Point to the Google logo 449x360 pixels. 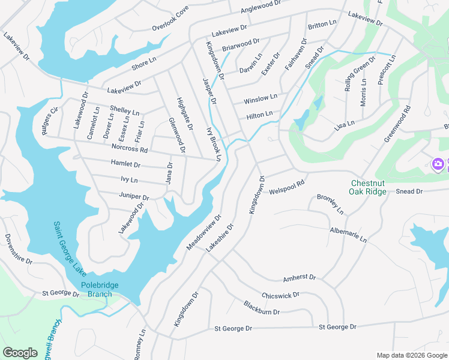[20, 353]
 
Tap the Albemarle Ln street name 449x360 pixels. [348, 235]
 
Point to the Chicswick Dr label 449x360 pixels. [280, 295]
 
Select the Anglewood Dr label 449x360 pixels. [261, 7]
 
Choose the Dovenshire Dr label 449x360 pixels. [18, 249]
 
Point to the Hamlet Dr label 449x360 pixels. [125, 164]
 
